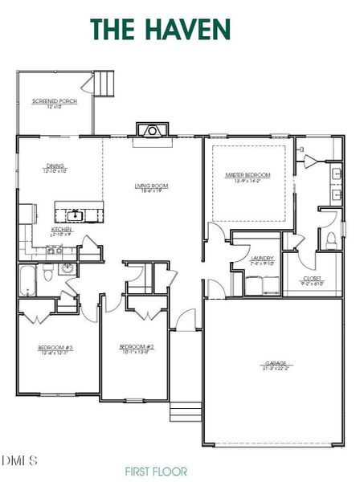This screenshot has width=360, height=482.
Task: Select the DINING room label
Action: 54,169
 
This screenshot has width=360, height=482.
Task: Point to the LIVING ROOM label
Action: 150,189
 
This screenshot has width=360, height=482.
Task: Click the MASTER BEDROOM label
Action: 247,177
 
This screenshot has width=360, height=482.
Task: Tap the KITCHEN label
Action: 62,231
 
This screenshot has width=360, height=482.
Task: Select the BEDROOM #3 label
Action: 55,349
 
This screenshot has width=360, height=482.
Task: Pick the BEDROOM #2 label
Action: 136,349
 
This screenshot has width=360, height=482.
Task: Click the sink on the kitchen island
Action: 76,214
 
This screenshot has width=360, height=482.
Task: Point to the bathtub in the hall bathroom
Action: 28,281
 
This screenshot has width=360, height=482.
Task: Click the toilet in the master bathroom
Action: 331,239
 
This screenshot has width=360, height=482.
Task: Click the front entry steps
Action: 184,411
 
